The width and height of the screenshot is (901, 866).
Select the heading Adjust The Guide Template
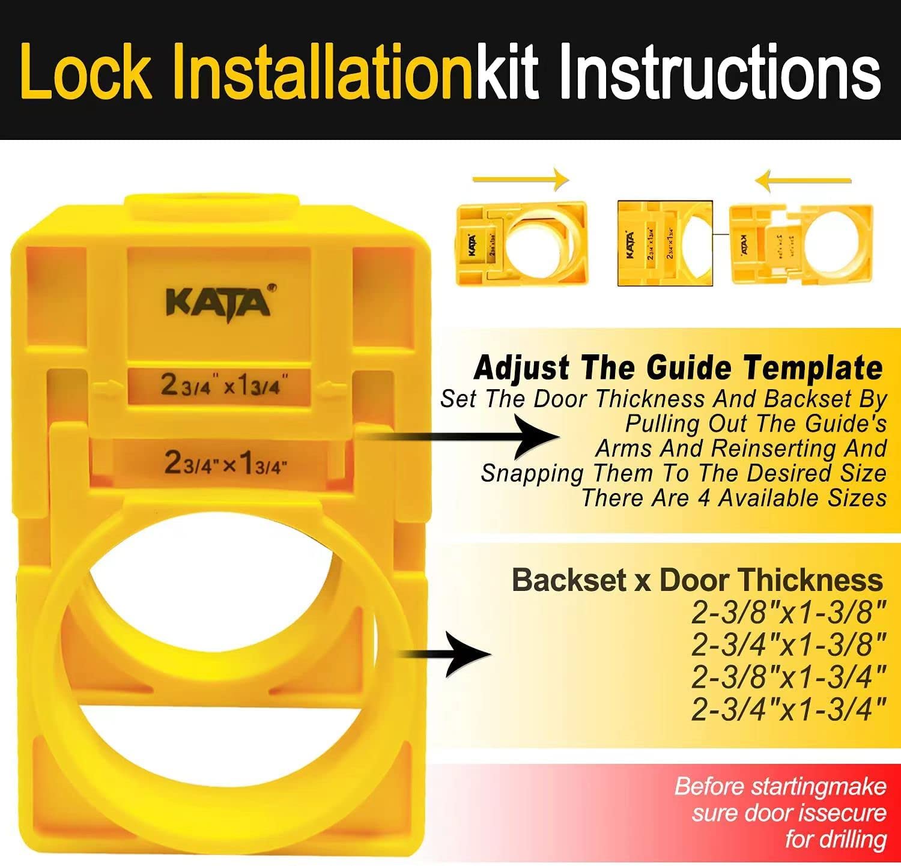tap(678, 368)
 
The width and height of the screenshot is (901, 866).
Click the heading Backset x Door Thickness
tap(697, 580)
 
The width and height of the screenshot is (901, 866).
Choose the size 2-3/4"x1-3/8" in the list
tap(789, 646)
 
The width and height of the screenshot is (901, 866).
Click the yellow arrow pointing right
tap(520, 179)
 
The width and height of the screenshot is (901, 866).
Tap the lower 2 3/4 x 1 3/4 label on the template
tap(223, 462)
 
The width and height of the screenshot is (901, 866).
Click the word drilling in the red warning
tap(836, 839)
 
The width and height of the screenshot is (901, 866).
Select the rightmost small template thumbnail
tap(800, 244)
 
